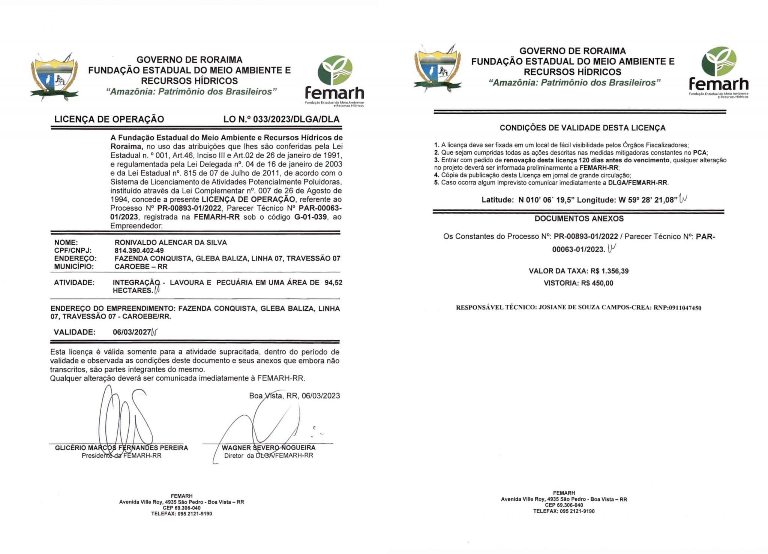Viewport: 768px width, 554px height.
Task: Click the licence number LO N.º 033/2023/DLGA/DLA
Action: pyautogui.click(x=281, y=119)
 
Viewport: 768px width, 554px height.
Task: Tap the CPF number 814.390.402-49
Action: pyautogui.click(x=139, y=250)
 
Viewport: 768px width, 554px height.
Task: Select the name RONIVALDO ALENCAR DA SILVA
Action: pyautogui.click(x=171, y=243)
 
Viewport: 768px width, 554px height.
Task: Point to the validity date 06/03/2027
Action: pyautogui.click(x=132, y=332)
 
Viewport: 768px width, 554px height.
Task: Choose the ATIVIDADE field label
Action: pyautogui.click(x=74, y=282)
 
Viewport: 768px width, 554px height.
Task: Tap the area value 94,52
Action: pyautogui.click(x=333, y=282)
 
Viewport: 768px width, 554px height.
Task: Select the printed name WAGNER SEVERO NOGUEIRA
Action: pyautogui.click(x=268, y=448)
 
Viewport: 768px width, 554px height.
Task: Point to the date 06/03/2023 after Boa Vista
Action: pyautogui.click(x=321, y=395)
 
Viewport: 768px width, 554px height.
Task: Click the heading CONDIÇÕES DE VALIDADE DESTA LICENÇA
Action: pyautogui.click(x=582, y=128)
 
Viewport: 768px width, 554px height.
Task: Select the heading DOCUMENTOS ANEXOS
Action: pyautogui.click(x=579, y=219)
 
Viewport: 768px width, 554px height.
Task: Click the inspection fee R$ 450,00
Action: pyautogui.click(x=597, y=283)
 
